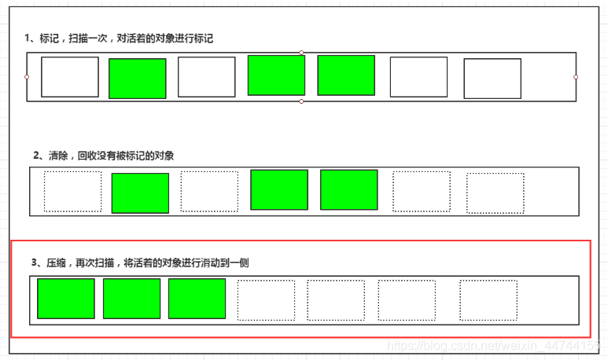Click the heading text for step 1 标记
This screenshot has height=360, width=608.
click(x=118, y=39)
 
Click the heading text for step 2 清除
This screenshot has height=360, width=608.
click(x=103, y=156)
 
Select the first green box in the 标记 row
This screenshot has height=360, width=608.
click(x=137, y=79)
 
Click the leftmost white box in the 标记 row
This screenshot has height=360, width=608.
click(x=70, y=77)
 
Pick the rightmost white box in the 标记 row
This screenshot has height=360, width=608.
click(x=492, y=79)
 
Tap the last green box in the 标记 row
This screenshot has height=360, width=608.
click(x=346, y=75)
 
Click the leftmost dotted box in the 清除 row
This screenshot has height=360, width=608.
click(x=72, y=191)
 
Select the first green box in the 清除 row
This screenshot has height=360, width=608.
click(x=140, y=193)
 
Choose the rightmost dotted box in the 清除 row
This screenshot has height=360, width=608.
click(x=495, y=193)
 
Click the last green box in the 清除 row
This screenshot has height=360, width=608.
click(x=348, y=189)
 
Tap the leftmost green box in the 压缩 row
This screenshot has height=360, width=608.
click(x=66, y=299)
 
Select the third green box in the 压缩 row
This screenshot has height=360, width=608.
click(x=197, y=299)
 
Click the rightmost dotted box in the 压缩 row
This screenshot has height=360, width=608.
click(x=488, y=300)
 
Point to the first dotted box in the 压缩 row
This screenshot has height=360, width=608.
click(x=266, y=300)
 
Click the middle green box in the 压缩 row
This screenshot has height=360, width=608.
click(x=131, y=299)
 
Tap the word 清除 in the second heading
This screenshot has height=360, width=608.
click(x=57, y=156)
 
